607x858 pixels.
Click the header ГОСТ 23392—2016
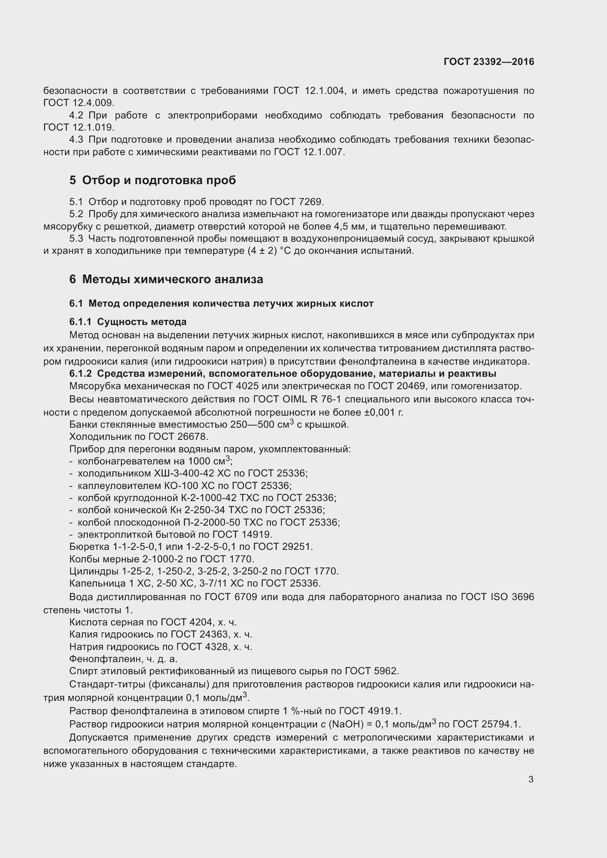point(488,62)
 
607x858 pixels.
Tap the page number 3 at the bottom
point(531,779)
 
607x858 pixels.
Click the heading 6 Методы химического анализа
point(166,279)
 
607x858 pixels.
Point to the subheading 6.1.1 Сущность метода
point(128,322)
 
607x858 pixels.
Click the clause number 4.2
point(76,116)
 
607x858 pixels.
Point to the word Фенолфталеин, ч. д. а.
point(123,659)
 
